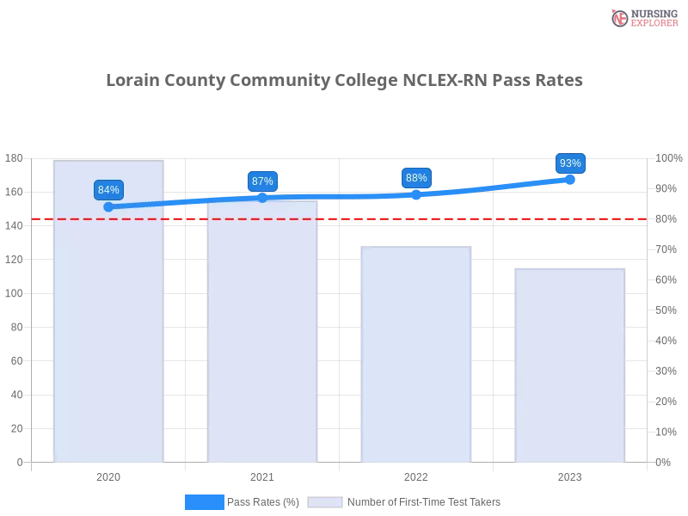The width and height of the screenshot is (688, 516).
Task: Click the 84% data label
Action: (108, 190)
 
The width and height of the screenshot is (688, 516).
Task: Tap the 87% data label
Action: (262, 181)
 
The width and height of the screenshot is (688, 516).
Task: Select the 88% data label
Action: (416, 178)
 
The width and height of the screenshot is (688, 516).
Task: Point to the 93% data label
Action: (570, 163)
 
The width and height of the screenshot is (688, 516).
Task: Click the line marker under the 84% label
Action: (108, 206)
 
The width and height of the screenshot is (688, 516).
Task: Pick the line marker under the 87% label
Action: (262, 197)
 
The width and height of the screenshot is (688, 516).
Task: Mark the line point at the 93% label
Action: (570, 179)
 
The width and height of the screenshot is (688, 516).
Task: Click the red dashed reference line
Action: (344, 218)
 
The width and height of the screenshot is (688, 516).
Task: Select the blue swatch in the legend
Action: (204, 502)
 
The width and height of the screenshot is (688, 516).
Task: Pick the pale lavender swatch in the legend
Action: (325, 502)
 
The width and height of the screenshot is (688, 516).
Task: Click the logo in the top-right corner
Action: (642, 17)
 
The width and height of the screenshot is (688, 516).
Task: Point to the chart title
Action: (344, 81)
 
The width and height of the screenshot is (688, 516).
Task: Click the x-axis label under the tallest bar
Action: (109, 476)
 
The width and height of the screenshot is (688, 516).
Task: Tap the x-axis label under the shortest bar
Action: (569, 476)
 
